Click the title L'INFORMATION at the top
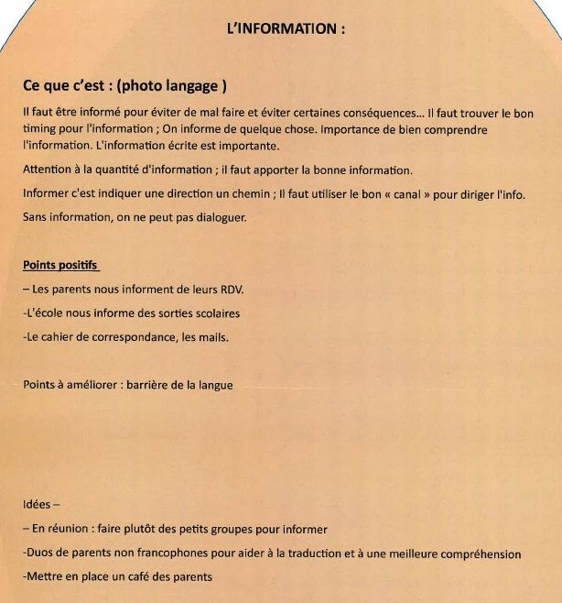click(286, 27)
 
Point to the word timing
click(39, 129)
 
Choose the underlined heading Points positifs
click(59, 266)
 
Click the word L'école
click(44, 313)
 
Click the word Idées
click(38, 505)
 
